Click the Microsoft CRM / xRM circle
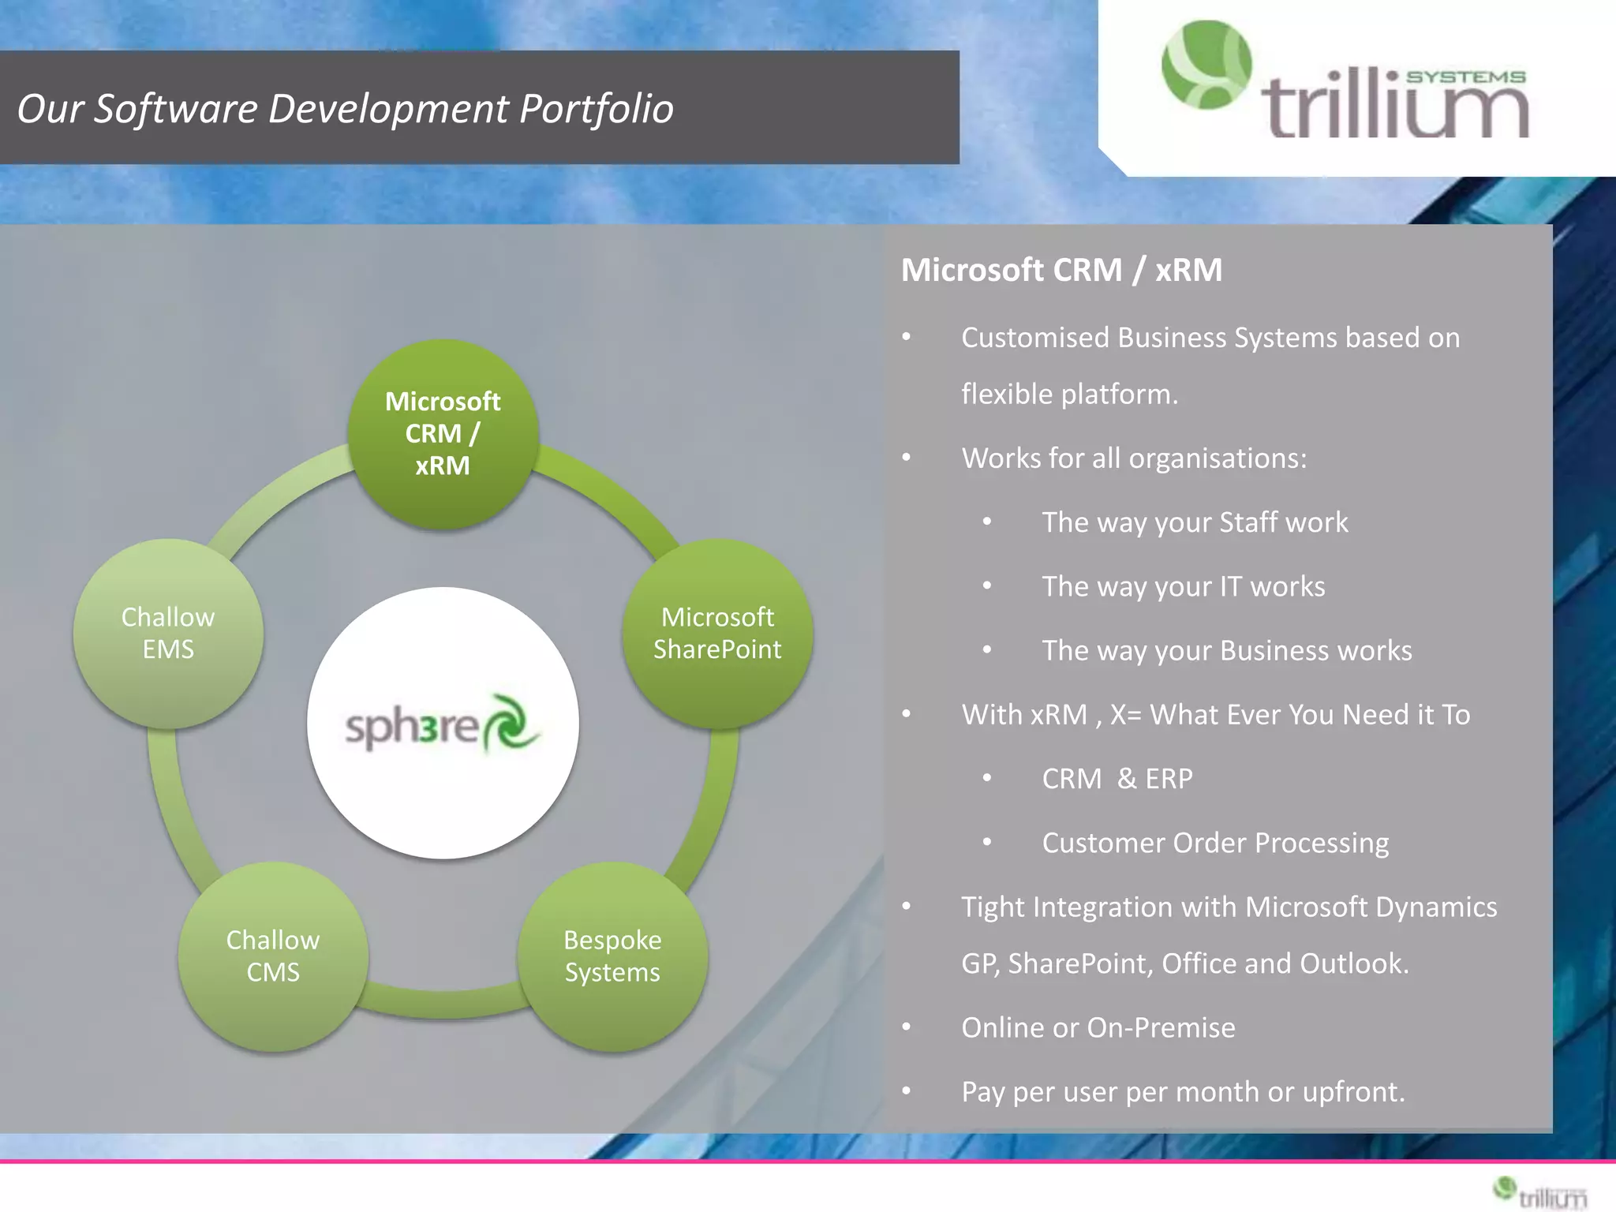443,433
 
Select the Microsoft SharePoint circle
717,633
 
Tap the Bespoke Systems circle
612,956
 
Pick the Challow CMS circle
273,956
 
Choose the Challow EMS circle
168,633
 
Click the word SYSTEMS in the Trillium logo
1465,77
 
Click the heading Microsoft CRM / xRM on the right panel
1061,270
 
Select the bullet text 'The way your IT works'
1183,586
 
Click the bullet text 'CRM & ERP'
1117,779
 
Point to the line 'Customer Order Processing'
1215,843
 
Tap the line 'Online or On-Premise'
1098,1027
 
